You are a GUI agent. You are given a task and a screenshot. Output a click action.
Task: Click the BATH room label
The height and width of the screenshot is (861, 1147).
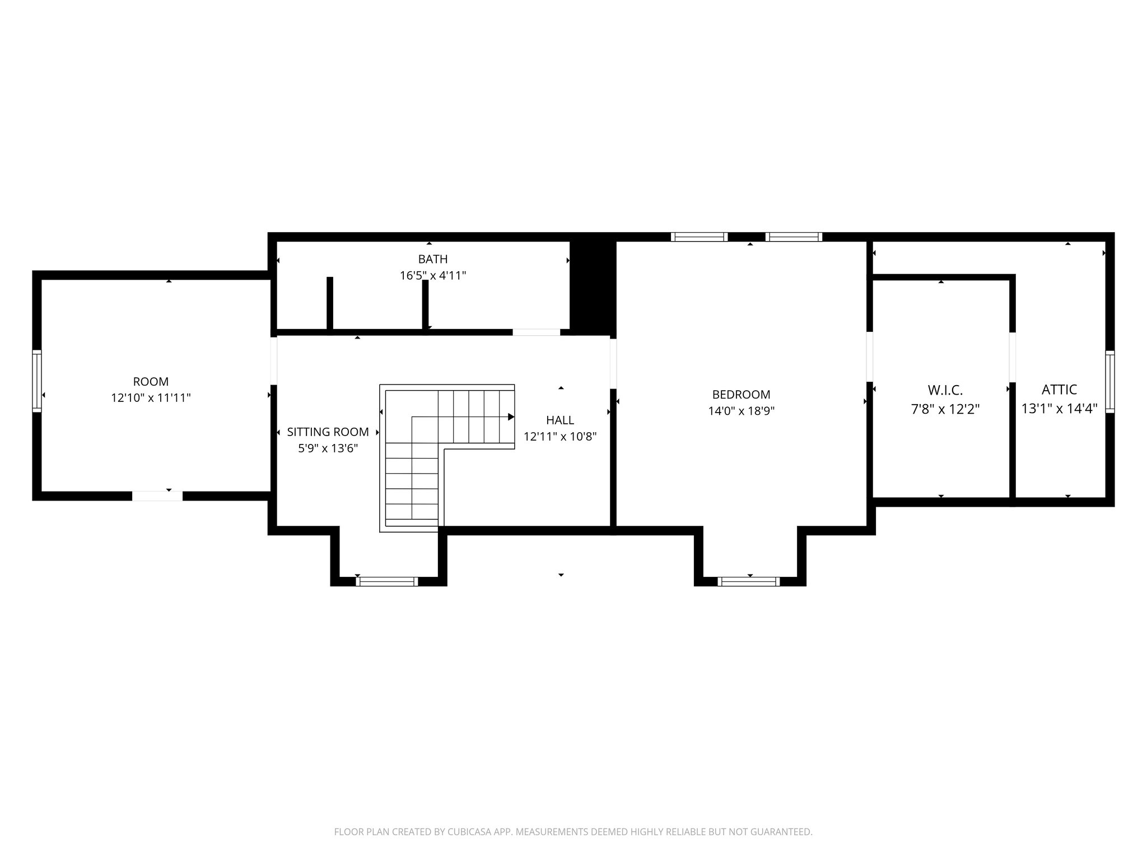(x=432, y=259)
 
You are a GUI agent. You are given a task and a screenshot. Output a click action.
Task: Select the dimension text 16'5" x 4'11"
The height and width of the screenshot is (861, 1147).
(x=432, y=275)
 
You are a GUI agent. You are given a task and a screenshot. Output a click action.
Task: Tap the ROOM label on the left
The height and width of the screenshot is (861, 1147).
(x=151, y=382)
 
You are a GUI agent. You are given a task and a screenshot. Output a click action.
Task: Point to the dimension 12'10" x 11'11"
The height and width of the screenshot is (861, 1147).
(x=151, y=398)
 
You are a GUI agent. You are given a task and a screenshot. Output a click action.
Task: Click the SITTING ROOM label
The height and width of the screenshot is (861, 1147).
(x=328, y=432)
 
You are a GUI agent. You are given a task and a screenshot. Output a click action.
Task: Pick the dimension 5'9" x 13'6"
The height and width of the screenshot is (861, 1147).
(x=328, y=448)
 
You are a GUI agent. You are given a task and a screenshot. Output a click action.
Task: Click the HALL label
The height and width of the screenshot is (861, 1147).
(x=560, y=420)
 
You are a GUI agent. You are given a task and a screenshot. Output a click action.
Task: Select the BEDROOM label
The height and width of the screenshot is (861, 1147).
(x=741, y=395)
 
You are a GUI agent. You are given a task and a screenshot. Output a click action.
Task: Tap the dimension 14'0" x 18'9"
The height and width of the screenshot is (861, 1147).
(x=741, y=411)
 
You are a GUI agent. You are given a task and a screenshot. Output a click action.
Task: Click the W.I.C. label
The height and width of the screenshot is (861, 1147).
(x=945, y=390)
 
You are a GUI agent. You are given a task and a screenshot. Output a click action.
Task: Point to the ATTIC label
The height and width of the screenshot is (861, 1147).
(x=1059, y=390)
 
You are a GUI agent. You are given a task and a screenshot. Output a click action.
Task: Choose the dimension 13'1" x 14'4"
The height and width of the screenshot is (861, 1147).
(x=1059, y=409)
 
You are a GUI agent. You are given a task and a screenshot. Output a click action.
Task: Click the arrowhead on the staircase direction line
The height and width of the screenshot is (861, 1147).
(x=511, y=416)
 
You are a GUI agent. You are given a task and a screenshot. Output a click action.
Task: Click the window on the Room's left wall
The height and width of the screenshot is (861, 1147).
(x=37, y=381)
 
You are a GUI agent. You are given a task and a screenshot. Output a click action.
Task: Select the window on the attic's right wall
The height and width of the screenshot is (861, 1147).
(x=1109, y=381)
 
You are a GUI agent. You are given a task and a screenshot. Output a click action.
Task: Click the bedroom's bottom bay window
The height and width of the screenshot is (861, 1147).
(x=748, y=581)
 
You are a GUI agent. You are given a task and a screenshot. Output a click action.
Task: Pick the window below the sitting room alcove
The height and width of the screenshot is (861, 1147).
(x=387, y=581)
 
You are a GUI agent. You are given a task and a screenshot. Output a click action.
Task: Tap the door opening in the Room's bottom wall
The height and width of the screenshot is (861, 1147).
(x=157, y=496)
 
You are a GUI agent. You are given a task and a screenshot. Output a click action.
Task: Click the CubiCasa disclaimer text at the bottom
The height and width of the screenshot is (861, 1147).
(x=573, y=832)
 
